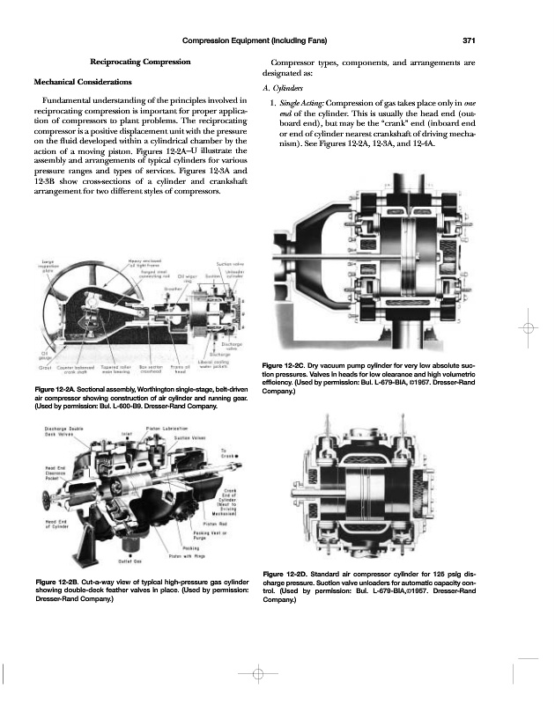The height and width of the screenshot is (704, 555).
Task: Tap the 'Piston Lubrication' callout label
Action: click(164, 429)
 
